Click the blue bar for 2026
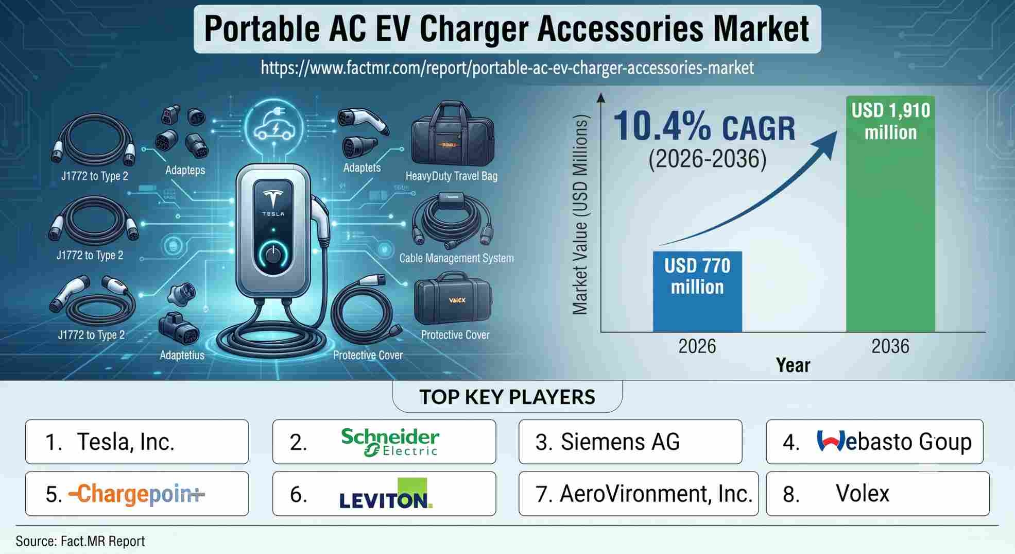coord(697,291)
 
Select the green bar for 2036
coord(890,214)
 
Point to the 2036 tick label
coord(890,346)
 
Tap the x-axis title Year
coord(793,365)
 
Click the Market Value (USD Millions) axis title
coord(580,215)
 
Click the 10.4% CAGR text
coord(704,127)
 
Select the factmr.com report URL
coord(507,68)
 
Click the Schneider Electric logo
coord(390,442)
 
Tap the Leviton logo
coord(386,494)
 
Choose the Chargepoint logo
coord(137,494)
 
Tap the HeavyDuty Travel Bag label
coord(452,176)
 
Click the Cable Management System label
coord(457,258)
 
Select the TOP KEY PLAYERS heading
coord(507,397)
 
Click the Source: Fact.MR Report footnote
coord(80,541)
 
